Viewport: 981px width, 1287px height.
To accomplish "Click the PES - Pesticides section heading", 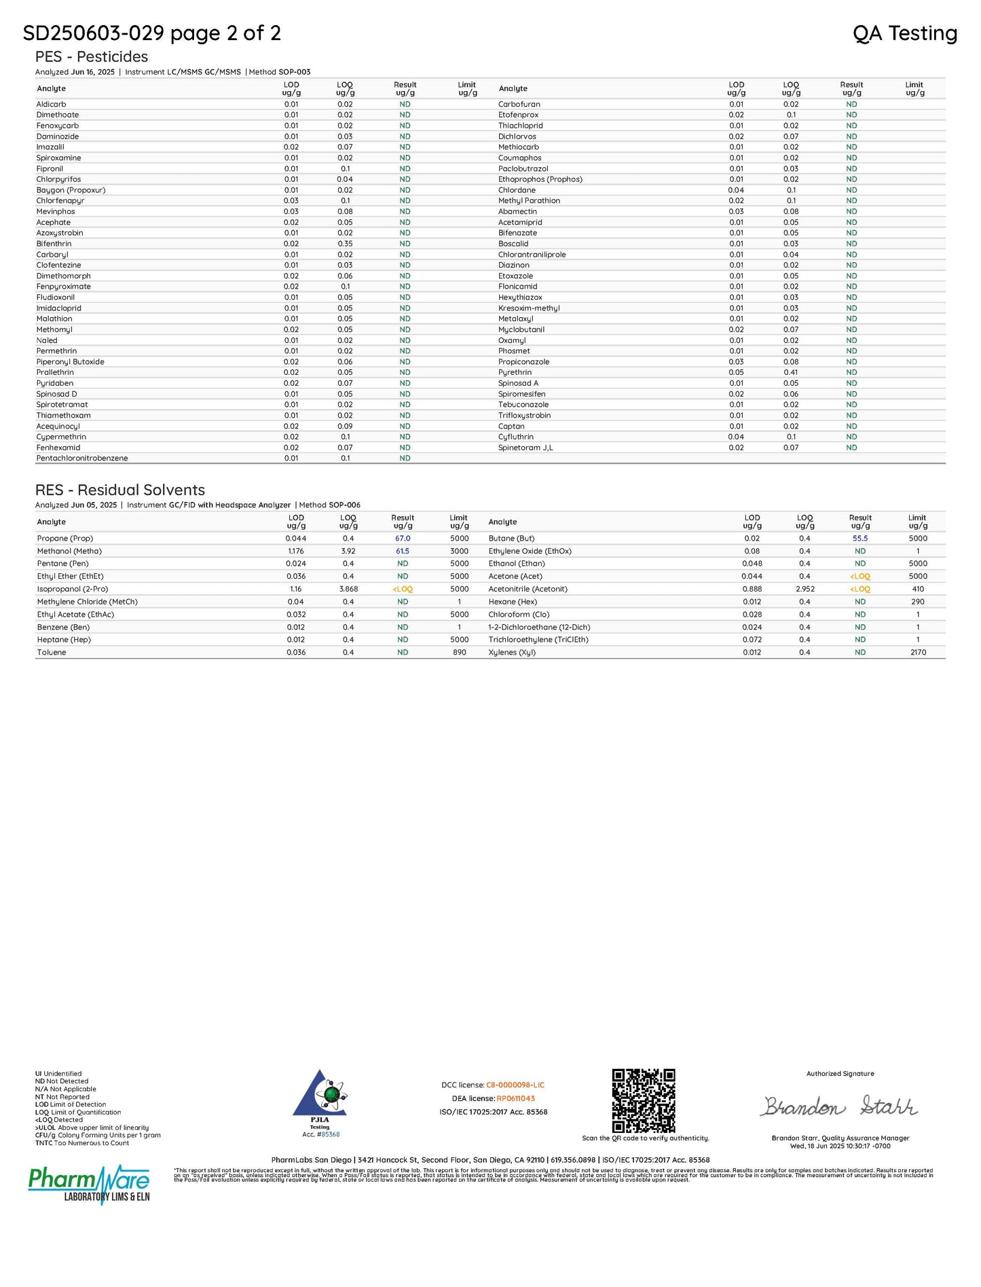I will pos(92,57).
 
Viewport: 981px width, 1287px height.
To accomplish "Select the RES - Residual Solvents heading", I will pos(120,490).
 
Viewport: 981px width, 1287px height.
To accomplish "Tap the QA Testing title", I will pos(904,33).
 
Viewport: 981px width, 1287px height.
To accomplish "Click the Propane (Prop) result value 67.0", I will pos(403,539).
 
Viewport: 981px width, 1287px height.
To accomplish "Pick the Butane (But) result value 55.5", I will pos(860,539).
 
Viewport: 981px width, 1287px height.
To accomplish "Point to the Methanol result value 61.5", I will pos(403,551).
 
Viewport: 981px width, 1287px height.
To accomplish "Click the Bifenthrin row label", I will pos(54,244).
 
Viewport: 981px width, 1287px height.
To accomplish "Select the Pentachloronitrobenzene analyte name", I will pos(82,458).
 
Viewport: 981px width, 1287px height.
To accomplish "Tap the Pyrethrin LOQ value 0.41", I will pos(791,373).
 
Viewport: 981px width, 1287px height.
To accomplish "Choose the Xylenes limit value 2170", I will pos(918,653).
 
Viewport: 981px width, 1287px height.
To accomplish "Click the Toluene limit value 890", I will pos(460,653).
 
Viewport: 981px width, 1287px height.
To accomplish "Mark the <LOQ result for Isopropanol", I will pos(403,590).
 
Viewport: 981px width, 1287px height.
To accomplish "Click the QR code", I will pos(644,1101).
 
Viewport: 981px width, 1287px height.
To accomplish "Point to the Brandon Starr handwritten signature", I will pos(839,1107).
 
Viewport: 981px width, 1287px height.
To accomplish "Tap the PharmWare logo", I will pos(89,1184).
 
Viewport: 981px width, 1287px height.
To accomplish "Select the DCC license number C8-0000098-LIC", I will pos(515,1085).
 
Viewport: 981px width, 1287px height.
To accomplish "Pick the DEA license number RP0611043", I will pos(515,1099).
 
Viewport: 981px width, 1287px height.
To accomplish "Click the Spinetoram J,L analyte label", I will pos(525,448).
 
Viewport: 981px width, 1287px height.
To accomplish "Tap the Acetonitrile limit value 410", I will pos(918,590).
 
